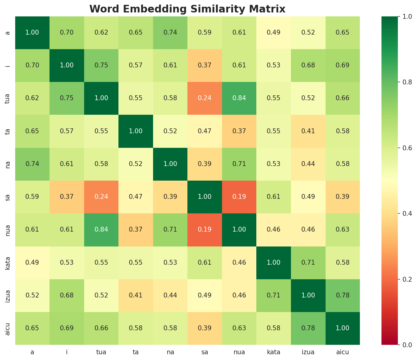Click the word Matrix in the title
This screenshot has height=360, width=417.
[270, 9]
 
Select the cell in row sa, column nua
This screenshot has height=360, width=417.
[239, 197]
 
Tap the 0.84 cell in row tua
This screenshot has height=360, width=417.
[239, 98]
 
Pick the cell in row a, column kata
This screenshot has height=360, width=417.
[274, 32]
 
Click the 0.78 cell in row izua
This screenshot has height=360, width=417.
[343, 295]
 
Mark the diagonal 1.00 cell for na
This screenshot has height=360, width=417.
[170, 164]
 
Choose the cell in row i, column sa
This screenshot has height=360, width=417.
[205, 66]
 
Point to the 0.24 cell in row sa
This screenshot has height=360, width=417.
[101, 197]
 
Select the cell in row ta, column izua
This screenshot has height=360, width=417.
[308, 131]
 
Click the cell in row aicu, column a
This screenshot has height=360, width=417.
[32, 328]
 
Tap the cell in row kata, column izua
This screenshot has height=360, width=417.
[308, 263]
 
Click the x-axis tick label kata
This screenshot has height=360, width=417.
[274, 352]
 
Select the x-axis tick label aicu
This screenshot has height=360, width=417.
[343, 352]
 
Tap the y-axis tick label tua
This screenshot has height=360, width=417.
[8, 98]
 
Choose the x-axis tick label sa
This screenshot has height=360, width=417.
[205, 352]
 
